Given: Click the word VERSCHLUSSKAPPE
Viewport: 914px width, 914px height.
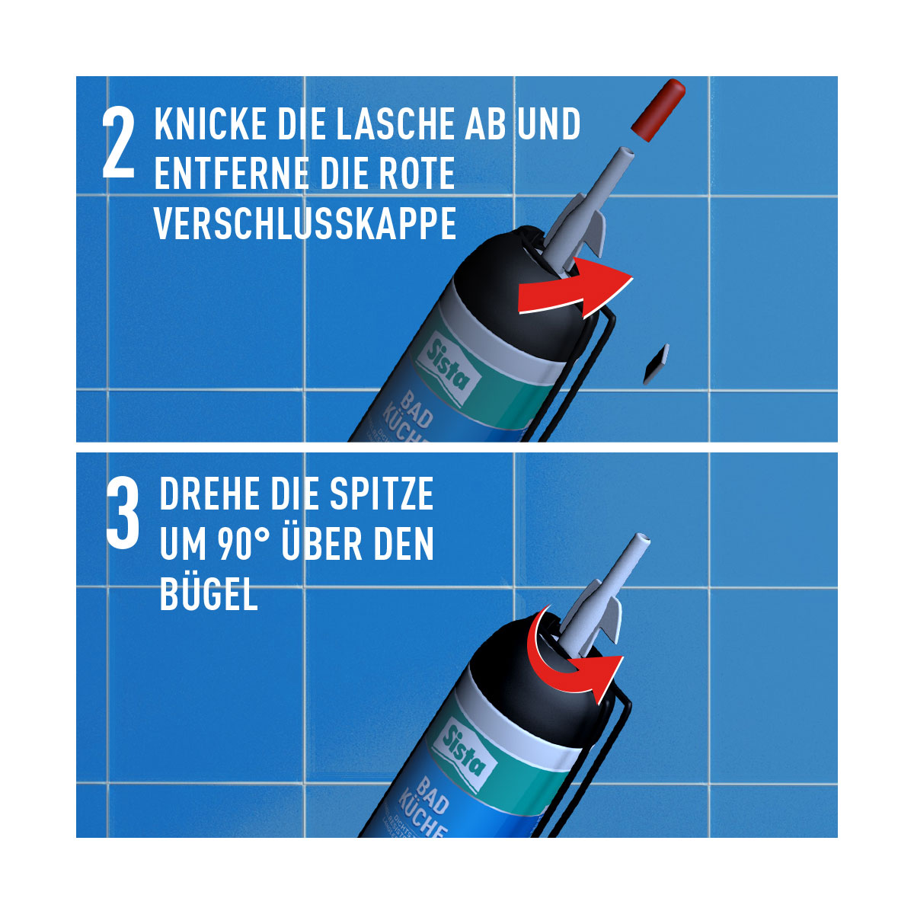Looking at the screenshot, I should pos(305,223).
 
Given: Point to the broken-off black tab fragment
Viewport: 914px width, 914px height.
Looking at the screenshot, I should pos(655,363).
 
